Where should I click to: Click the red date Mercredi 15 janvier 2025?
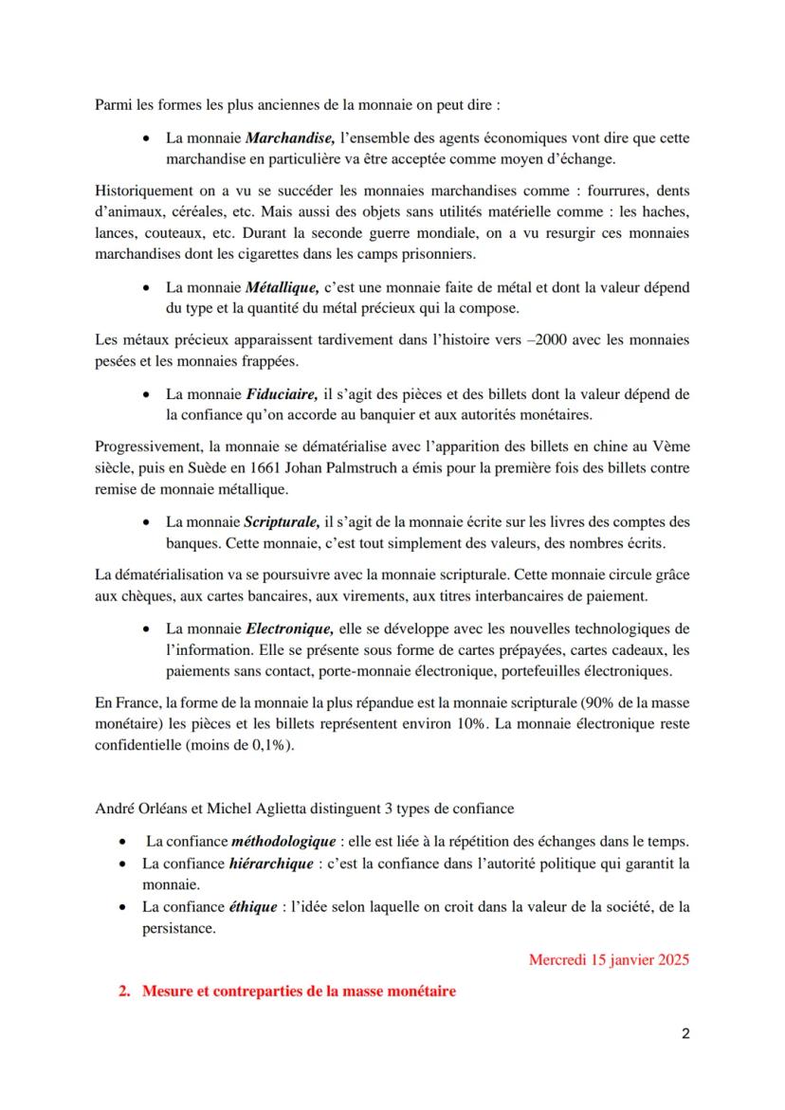pos(609,959)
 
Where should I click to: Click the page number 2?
pos(685,1034)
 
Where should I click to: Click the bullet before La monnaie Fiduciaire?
pos(147,393)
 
